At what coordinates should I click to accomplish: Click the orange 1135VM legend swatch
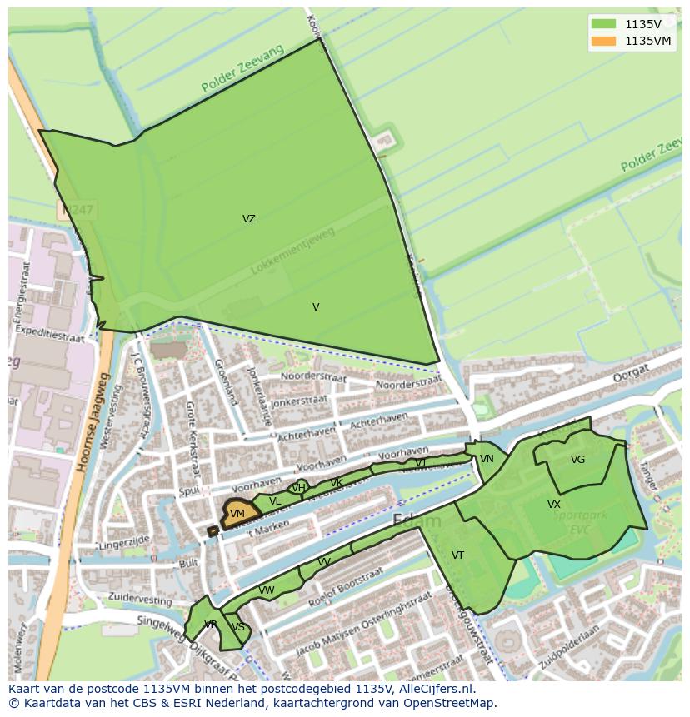605,41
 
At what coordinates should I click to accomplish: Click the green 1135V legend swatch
605,23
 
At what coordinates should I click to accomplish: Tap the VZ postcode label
249,219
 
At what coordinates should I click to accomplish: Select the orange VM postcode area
237,514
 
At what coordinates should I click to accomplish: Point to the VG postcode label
577,460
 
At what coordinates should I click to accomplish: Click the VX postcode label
554,505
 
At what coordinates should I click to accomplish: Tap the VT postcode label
457,555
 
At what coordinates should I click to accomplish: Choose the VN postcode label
487,459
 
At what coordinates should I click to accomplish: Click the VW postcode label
267,590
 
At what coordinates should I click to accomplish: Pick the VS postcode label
238,627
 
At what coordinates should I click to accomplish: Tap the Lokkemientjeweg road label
292,251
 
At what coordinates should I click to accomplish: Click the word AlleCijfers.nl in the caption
435,689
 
